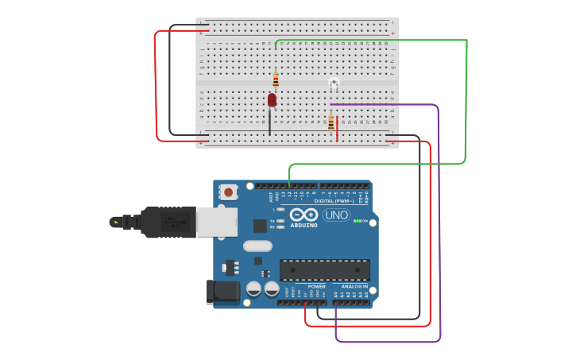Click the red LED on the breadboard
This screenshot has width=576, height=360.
[x=272, y=99]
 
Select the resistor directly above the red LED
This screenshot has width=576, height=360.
[x=276, y=79]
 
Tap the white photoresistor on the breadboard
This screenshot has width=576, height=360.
[x=334, y=83]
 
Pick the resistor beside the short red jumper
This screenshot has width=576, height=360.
[x=331, y=123]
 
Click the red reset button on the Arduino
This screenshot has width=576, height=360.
[x=229, y=192]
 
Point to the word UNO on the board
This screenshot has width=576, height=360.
[x=336, y=215]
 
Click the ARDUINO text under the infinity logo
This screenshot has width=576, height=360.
[x=303, y=226]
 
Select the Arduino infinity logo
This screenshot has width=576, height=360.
[x=303, y=215]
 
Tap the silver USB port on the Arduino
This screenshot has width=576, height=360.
[x=216, y=223]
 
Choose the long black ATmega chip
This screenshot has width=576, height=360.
[x=324, y=269]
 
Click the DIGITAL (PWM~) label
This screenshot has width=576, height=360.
[x=334, y=201]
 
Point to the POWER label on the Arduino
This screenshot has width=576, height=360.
[x=316, y=286]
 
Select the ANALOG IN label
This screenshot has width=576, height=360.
[x=354, y=286]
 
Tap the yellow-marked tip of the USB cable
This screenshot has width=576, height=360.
[x=116, y=222]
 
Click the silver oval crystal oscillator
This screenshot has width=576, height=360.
[x=257, y=246]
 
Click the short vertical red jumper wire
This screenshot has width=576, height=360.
[x=337, y=129]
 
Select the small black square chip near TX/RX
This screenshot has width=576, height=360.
[x=260, y=226]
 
